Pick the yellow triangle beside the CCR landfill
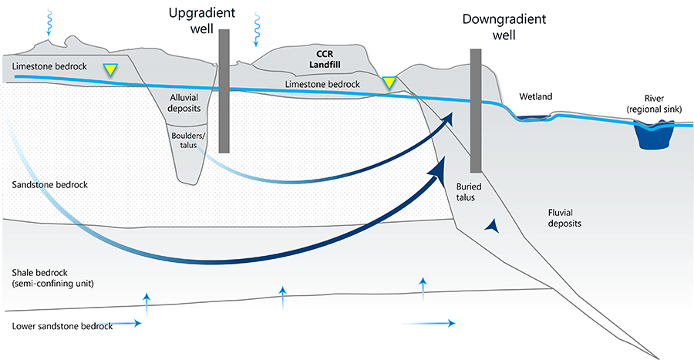click(x=390, y=82)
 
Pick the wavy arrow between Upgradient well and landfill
click(x=254, y=29)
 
